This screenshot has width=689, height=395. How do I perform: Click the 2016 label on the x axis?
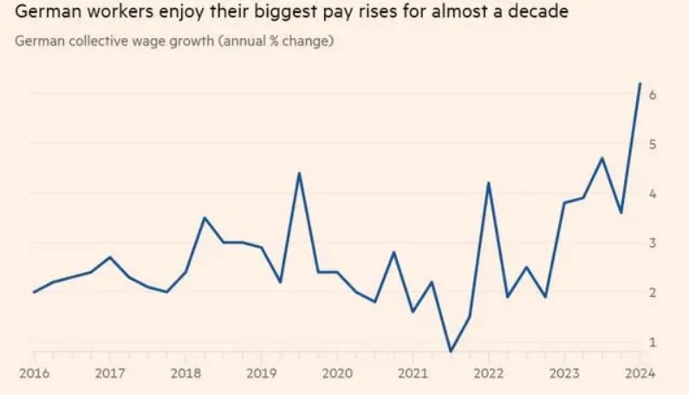(x=33, y=374)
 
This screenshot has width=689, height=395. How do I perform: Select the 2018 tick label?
(x=185, y=374)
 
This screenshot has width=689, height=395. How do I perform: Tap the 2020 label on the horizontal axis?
(x=337, y=374)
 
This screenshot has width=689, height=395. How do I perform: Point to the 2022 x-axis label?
(x=489, y=374)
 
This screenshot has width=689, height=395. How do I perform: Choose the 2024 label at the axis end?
(x=640, y=374)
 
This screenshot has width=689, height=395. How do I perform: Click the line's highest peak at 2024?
(x=640, y=84)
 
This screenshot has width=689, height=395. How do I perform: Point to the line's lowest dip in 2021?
(x=450, y=352)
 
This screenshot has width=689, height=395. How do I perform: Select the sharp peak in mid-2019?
(x=299, y=173)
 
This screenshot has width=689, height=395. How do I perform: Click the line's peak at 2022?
(x=488, y=183)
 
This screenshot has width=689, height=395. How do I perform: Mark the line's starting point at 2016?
(x=34, y=292)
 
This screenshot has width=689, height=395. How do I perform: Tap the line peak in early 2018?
(x=204, y=217)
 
